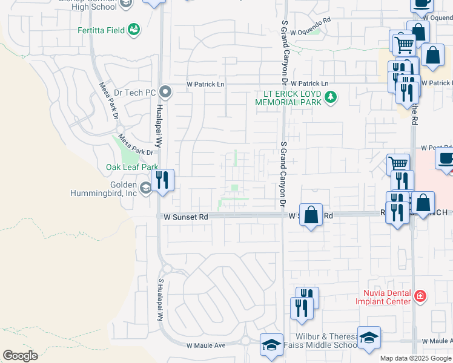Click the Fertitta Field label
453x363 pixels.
point(101,30)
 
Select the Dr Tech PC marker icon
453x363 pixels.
point(164,93)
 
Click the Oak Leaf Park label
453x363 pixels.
point(132,167)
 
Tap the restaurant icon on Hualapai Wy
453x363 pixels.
point(162,180)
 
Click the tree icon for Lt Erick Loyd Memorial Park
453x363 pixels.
point(330,97)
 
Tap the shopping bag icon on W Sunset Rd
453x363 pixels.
point(311,215)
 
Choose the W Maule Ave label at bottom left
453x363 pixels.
point(205,345)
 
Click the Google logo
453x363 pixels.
point(20,356)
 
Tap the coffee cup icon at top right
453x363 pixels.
point(422,2)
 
